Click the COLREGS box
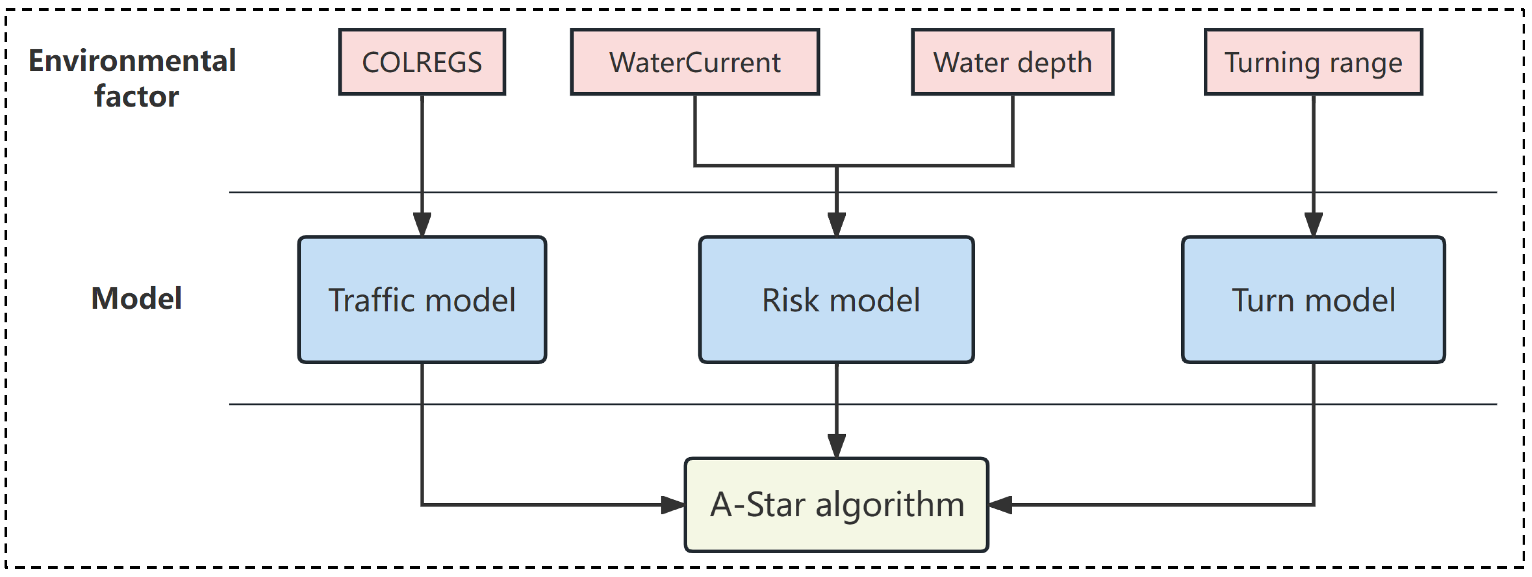click(x=422, y=62)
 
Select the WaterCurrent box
click(x=694, y=62)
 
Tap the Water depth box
click(x=1012, y=62)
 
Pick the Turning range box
click(x=1313, y=62)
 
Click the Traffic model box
click(x=422, y=299)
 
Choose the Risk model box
click(x=836, y=299)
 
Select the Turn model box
click(x=1313, y=299)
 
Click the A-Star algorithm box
click(x=836, y=504)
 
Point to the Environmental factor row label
click(x=132, y=78)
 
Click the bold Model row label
click(x=136, y=298)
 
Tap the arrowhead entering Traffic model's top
click(x=422, y=225)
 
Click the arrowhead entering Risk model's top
click(x=836, y=225)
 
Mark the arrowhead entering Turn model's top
click(x=1313, y=225)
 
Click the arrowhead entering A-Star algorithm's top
click(x=836, y=446)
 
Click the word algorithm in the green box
click(x=890, y=505)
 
